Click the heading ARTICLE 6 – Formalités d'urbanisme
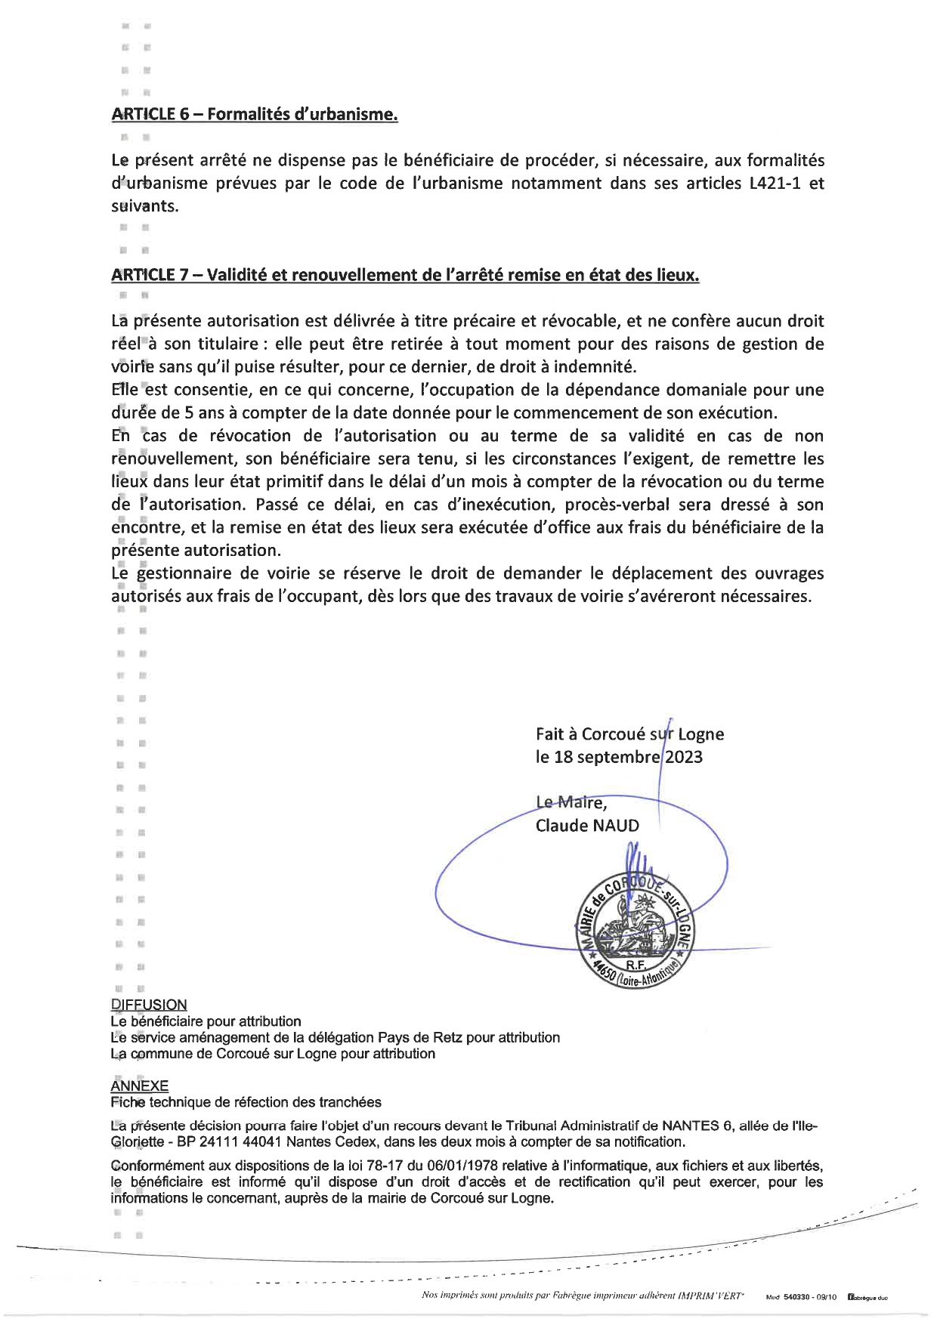(x=254, y=115)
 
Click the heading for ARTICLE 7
(x=405, y=276)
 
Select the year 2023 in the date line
(x=684, y=757)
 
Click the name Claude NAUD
(x=587, y=826)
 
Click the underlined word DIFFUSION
(x=149, y=1005)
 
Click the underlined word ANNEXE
(x=140, y=1086)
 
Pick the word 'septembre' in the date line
(x=619, y=757)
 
